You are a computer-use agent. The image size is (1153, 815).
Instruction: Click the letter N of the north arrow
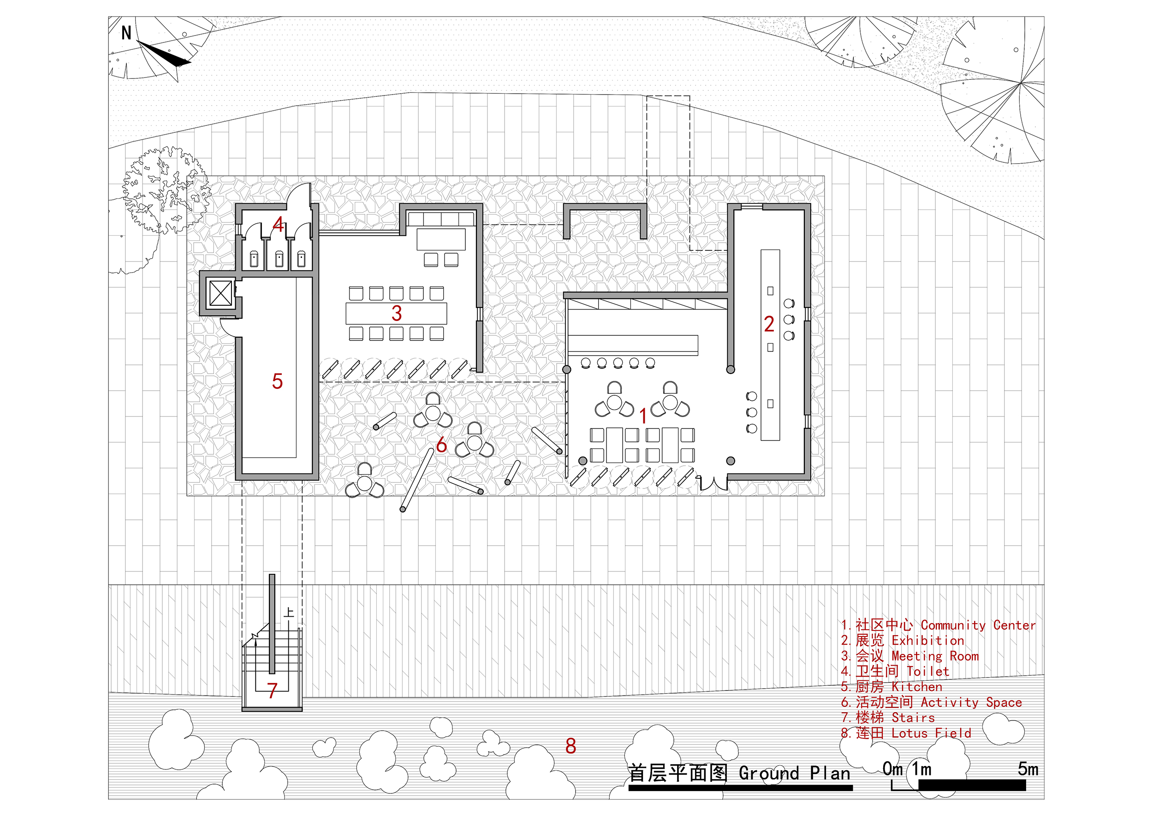click(126, 33)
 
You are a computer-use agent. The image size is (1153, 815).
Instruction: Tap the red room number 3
click(397, 313)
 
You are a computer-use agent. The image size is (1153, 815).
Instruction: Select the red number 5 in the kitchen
click(277, 381)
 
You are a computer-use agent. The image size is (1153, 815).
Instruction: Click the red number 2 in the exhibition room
click(769, 324)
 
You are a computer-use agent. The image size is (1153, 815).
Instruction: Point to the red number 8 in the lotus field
click(571, 746)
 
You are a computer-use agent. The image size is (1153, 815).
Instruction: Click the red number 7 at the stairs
click(272, 691)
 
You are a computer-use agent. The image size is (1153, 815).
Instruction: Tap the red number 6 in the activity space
click(441, 445)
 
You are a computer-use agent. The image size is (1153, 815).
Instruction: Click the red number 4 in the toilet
click(278, 225)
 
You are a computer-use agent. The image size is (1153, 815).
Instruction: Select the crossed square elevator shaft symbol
click(220, 293)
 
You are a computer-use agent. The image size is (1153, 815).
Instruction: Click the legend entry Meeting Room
click(910, 656)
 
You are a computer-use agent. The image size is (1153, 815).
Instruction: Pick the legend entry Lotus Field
click(906, 733)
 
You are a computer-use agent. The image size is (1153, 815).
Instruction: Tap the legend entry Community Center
click(938, 625)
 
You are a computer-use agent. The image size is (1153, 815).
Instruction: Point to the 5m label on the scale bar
click(1028, 769)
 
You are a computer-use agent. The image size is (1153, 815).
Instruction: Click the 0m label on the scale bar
click(892, 769)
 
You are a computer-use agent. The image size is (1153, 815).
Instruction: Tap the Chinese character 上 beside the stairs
click(289, 613)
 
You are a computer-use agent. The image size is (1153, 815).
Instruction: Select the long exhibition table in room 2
click(770, 345)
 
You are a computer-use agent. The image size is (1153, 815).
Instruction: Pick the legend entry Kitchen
click(892, 687)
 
